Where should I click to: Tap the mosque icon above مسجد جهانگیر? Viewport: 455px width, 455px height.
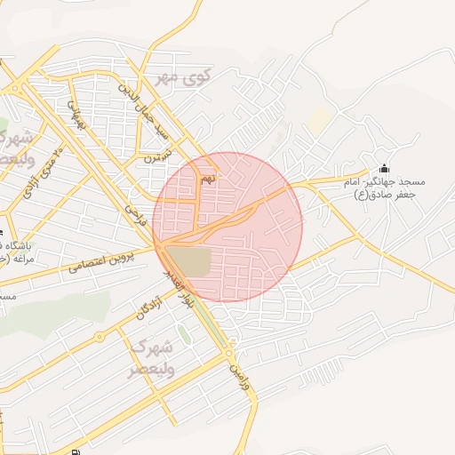(x=384, y=168)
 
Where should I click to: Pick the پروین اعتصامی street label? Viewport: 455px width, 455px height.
(x=121, y=259)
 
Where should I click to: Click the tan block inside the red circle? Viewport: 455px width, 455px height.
(x=189, y=261)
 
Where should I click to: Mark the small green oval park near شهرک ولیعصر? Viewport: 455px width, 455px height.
(x=183, y=334)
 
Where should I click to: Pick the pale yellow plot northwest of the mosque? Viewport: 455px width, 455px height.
(x=319, y=122)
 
